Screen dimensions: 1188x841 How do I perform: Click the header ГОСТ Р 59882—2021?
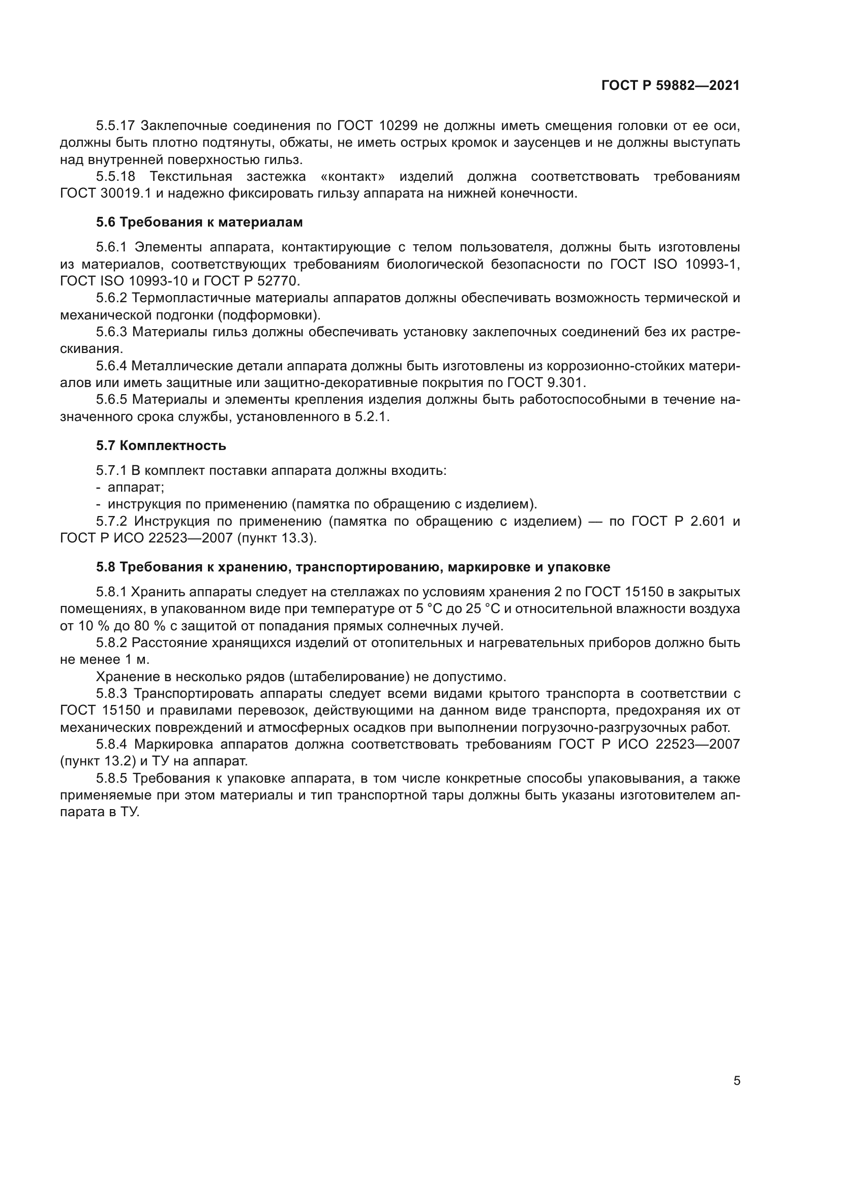[670, 86]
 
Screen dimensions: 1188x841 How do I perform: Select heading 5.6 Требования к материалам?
[199, 222]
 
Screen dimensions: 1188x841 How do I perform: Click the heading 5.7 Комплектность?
[161, 445]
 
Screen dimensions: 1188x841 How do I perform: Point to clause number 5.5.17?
[115, 126]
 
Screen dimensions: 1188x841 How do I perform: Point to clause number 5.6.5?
[111, 400]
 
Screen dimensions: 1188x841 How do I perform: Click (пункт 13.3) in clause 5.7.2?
[277, 538]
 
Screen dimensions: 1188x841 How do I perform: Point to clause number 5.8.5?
[111, 779]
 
